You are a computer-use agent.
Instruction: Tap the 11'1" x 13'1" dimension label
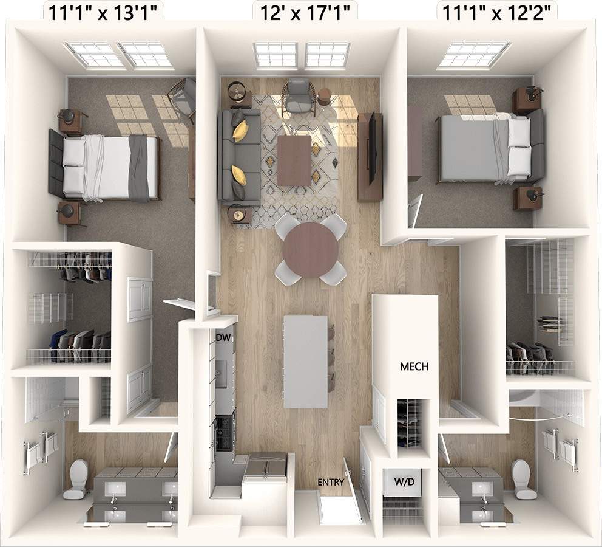coord(104,12)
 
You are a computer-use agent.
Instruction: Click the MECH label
coord(414,366)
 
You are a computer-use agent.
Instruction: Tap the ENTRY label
coord(331,483)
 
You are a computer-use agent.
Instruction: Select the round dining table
coord(310,249)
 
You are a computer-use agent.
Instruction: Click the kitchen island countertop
coord(305,361)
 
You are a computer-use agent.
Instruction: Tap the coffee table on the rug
coord(294,160)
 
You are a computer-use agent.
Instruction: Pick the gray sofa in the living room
coord(238,157)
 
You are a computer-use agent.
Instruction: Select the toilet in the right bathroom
coord(523,479)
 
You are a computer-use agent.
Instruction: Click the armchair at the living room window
coord(299,95)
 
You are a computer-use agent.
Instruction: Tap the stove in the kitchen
coord(225,432)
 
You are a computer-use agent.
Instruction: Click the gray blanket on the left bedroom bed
coord(139,168)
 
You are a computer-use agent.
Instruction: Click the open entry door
coord(353,490)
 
